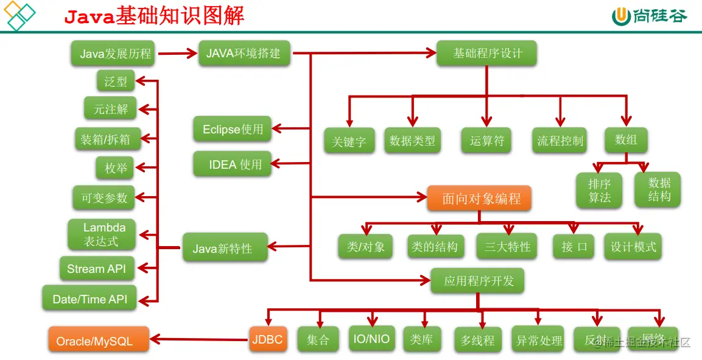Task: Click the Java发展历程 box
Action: (x=116, y=54)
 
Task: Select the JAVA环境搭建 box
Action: (x=244, y=53)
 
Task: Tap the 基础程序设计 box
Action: (x=487, y=54)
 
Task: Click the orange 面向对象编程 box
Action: (x=479, y=199)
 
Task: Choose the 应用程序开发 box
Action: (x=478, y=281)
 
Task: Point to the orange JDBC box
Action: (x=267, y=339)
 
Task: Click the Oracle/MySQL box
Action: (x=99, y=341)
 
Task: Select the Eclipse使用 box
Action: (x=233, y=129)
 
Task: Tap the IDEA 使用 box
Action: (x=233, y=164)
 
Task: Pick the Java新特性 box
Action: (x=225, y=248)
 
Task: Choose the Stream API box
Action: (x=97, y=269)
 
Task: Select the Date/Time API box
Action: (x=90, y=299)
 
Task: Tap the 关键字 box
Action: (x=349, y=141)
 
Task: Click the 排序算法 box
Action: (x=600, y=190)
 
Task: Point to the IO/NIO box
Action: (x=371, y=339)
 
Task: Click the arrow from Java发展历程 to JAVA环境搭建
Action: (x=177, y=54)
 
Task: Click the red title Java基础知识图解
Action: (x=155, y=16)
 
